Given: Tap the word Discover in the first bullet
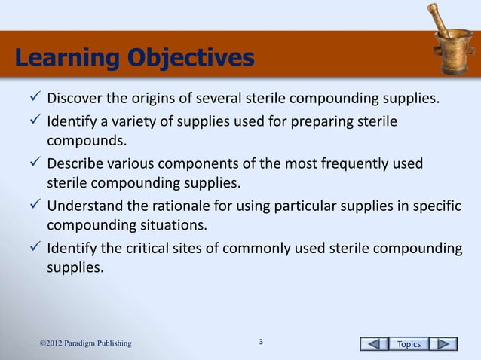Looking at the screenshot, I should point(75,99).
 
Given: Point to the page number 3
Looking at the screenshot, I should point(261,343).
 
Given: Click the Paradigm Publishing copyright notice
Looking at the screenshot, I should point(86,344).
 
